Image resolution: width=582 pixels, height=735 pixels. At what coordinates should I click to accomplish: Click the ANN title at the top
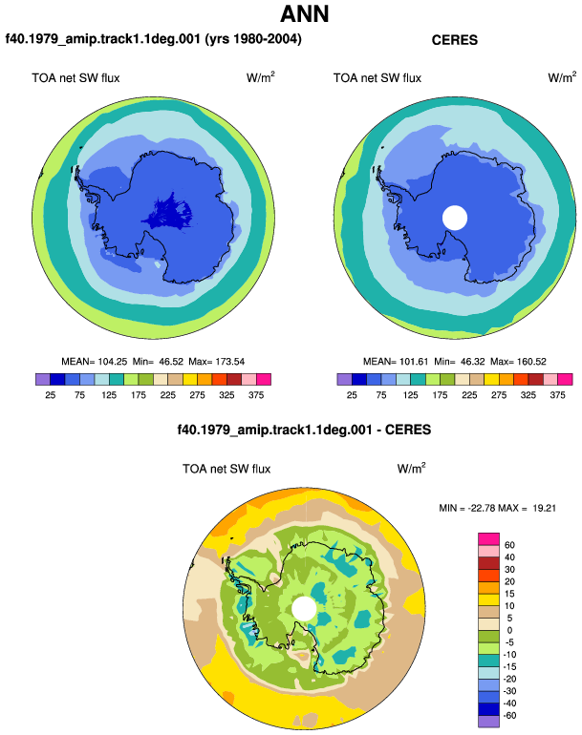point(304,13)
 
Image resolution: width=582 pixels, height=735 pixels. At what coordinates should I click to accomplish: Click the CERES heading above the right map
point(454,40)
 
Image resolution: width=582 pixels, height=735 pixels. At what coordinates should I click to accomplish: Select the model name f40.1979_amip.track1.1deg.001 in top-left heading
point(103,38)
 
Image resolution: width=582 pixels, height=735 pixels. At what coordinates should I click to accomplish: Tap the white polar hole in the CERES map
point(455,218)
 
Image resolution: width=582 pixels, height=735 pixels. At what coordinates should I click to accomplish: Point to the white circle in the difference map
point(304,608)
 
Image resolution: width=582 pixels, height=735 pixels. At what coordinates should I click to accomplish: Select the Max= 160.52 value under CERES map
point(518,362)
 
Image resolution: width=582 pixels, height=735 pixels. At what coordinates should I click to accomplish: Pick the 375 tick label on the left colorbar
point(256,395)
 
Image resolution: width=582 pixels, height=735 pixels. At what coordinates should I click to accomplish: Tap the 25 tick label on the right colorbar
point(352,395)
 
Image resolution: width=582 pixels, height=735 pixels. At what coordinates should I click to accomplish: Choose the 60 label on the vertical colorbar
point(509,545)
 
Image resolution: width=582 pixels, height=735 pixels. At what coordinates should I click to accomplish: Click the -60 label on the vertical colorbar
point(509,716)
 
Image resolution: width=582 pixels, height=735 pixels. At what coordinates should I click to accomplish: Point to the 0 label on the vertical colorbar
point(509,630)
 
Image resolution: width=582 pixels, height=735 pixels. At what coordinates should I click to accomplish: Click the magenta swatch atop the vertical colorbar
point(488,538)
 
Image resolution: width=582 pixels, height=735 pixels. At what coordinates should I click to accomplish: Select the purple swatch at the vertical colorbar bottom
point(488,722)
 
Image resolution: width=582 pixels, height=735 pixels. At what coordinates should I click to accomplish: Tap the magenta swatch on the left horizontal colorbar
point(264,379)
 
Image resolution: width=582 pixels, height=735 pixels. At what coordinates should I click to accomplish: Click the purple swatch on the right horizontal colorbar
point(344,379)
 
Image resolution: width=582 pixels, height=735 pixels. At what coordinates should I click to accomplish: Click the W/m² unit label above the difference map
point(411,468)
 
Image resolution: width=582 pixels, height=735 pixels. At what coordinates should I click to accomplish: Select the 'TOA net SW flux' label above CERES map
point(377,78)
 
